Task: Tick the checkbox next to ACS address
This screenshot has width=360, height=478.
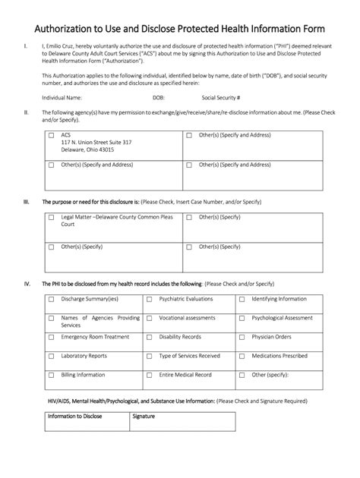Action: (52, 136)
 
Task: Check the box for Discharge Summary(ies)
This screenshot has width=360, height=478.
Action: (52, 299)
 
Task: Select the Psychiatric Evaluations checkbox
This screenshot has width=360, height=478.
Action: (150, 299)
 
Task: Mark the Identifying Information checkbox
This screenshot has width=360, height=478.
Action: (242, 299)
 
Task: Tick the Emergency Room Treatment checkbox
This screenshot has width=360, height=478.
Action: (52, 337)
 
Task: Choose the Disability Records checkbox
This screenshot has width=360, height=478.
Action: (150, 337)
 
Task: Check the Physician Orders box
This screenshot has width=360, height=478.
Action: (242, 337)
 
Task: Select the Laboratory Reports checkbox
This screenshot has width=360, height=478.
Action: (52, 356)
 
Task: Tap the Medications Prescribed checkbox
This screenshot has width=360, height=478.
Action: (242, 356)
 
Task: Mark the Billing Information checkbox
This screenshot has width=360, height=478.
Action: (52, 375)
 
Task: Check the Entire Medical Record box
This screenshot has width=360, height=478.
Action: (150, 375)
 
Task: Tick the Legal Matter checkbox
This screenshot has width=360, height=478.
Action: (52, 218)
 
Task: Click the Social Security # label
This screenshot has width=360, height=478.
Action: (221, 98)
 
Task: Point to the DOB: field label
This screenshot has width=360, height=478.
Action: (158, 98)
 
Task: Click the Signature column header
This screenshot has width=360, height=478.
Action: (144, 417)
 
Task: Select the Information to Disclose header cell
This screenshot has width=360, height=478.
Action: (75, 417)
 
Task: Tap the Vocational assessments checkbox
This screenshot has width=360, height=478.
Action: (150, 318)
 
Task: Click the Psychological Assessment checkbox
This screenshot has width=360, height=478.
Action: (242, 318)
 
